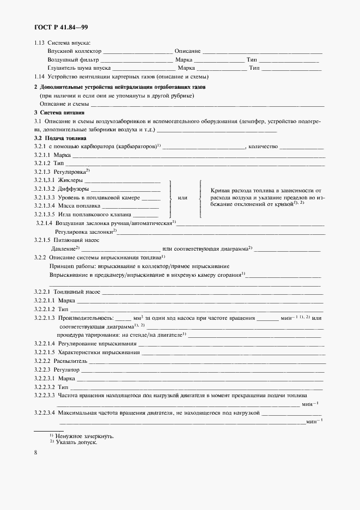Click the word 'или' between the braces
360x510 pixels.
183,198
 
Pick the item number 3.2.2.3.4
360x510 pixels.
45,412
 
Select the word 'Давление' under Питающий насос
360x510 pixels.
60,248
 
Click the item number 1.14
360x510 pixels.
40,77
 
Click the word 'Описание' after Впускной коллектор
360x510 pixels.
187,51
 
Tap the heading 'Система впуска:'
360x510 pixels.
69,42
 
